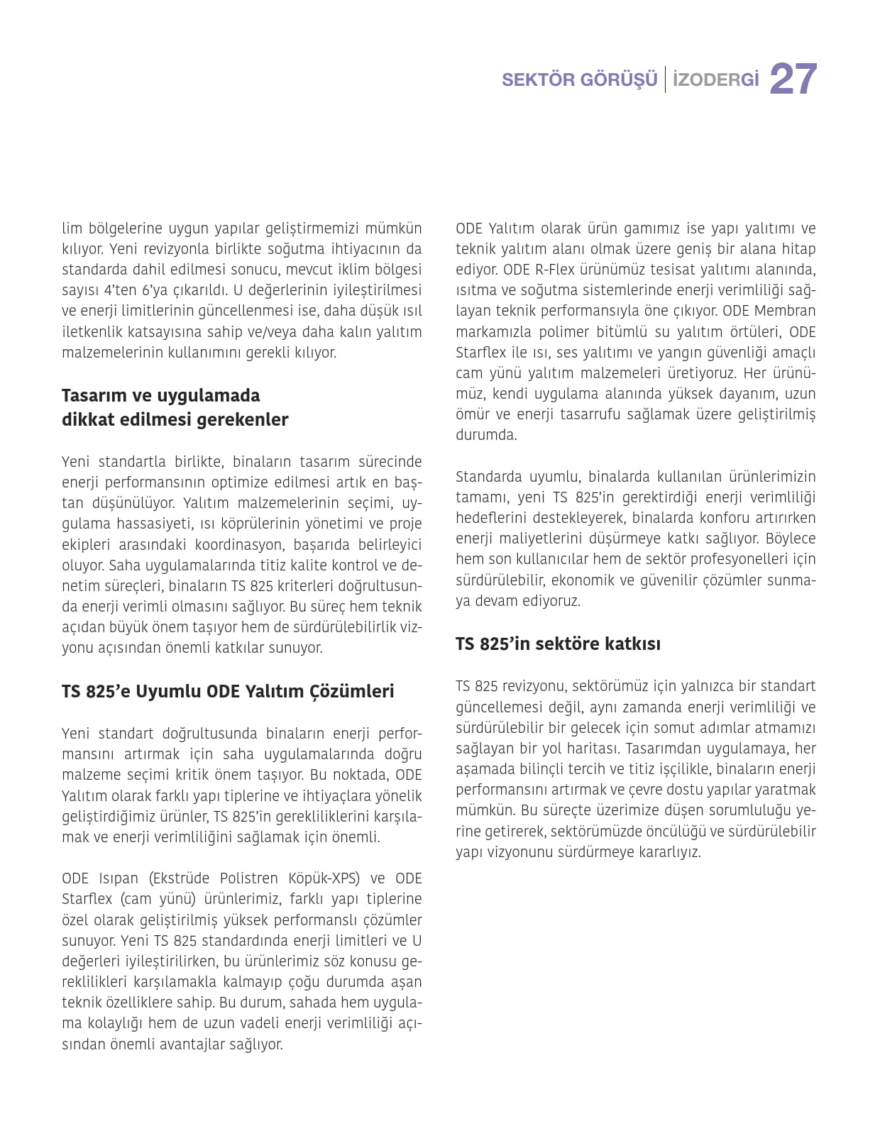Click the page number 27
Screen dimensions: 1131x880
click(793, 79)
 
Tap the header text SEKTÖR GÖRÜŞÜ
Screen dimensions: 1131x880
click(579, 79)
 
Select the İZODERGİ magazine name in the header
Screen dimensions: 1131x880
click(715, 79)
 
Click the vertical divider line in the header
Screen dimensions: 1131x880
click(665, 79)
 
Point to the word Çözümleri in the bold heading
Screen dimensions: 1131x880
click(351, 691)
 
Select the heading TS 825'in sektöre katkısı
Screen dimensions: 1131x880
click(558, 644)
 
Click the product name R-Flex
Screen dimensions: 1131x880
click(552, 270)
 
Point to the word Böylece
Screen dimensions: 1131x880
click(791, 539)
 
